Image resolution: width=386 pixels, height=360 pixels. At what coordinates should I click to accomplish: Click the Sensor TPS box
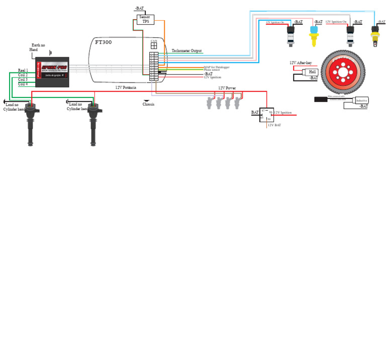click(x=145, y=19)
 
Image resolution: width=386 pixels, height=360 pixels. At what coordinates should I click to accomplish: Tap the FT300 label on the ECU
click(x=104, y=43)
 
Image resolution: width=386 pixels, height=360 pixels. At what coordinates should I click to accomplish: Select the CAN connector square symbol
click(x=154, y=45)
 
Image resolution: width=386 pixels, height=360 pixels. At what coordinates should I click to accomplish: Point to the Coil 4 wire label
click(x=23, y=84)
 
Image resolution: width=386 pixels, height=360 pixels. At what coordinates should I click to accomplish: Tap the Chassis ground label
click(x=148, y=105)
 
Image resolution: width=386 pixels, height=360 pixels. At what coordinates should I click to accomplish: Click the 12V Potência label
click(x=126, y=87)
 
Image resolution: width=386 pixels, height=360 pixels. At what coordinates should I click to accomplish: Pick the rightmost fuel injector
click(x=237, y=103)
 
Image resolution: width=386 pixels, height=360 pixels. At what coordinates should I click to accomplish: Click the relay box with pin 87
click(x=266, y=115)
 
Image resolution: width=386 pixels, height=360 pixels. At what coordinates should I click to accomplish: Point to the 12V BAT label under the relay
click(x=274, y=125)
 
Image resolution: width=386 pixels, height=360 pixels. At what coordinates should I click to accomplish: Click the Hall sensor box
click(x=312, y=72)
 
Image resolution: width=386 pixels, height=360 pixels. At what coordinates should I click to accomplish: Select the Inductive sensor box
click(x=361, y=101)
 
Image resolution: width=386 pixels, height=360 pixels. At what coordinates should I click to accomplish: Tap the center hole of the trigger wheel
click(x=342, y=72)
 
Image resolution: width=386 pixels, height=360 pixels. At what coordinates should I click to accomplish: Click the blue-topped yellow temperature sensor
click(x=314, y=35)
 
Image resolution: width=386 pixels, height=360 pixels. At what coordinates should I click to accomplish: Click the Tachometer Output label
click(x=186, y=51)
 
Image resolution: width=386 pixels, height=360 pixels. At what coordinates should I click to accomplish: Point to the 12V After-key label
click(x=301, y=63)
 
